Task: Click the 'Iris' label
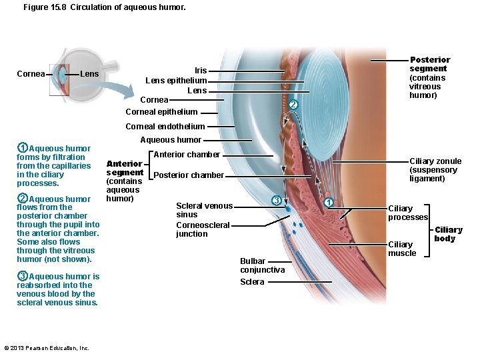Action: [x=201, y=70]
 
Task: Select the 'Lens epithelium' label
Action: [x=176, y=81]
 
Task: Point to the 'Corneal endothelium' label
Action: [x=165, y=126]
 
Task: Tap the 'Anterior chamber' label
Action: [x=187, y=155]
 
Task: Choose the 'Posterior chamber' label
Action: [x=189, y=175]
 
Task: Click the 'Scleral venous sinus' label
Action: [x=204, y=210]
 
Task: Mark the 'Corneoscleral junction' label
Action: [x=203, y=229]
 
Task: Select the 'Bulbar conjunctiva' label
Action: [x=262, y=265]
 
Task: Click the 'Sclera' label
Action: [x=252, y=282]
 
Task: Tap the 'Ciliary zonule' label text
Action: [x=435, y=161]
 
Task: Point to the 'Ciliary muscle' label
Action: [x=402, y=249]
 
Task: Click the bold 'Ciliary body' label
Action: [x=448, y=234]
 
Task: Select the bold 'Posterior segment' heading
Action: [x=429, y=64]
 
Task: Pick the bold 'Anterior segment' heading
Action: [x=125, y=168]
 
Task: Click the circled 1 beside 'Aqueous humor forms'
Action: [x=22, y=148]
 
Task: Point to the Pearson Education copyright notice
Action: [x=47, y=348]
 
